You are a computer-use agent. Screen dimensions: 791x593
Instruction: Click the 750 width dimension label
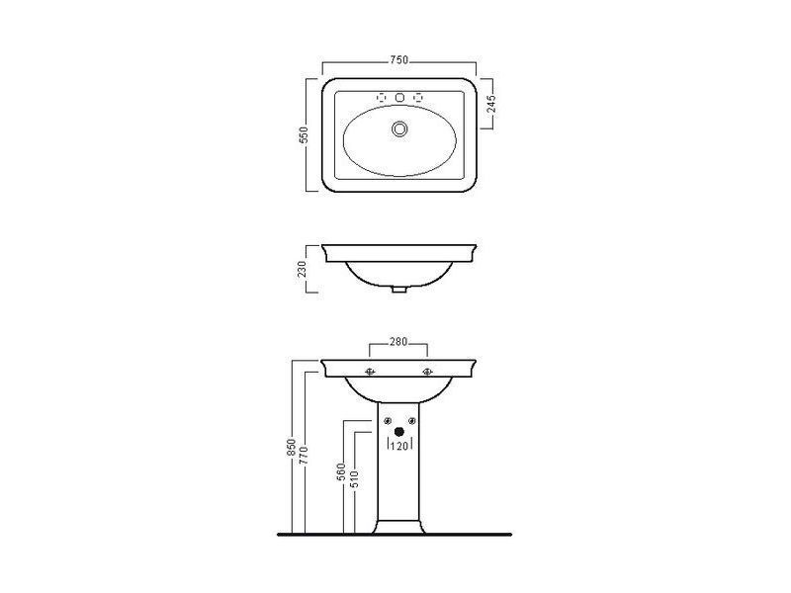[x=398, y=60]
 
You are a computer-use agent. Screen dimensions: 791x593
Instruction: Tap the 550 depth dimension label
[x=304, y=134]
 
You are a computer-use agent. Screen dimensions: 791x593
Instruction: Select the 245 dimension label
[x=492, y=104]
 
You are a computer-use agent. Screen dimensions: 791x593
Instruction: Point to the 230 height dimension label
[x=302, y=269]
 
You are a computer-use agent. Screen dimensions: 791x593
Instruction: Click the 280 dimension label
[x=398, y=342]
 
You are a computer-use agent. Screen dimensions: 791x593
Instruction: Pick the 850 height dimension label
[x=291, y=448]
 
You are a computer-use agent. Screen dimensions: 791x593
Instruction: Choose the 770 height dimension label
[x=304, y=456]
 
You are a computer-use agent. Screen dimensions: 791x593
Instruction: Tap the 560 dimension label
[x=341, y=472]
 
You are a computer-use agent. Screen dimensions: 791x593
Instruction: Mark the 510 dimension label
[x=354, y=479]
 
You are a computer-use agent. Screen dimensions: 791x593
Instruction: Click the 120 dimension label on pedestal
[x=399, y=447]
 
